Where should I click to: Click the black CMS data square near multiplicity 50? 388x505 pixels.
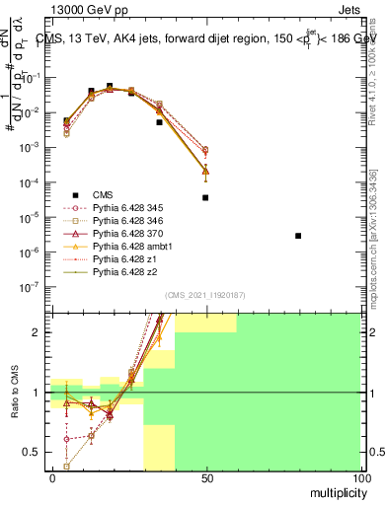click(205, 197)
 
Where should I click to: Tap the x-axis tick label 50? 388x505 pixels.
click(205, 476)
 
